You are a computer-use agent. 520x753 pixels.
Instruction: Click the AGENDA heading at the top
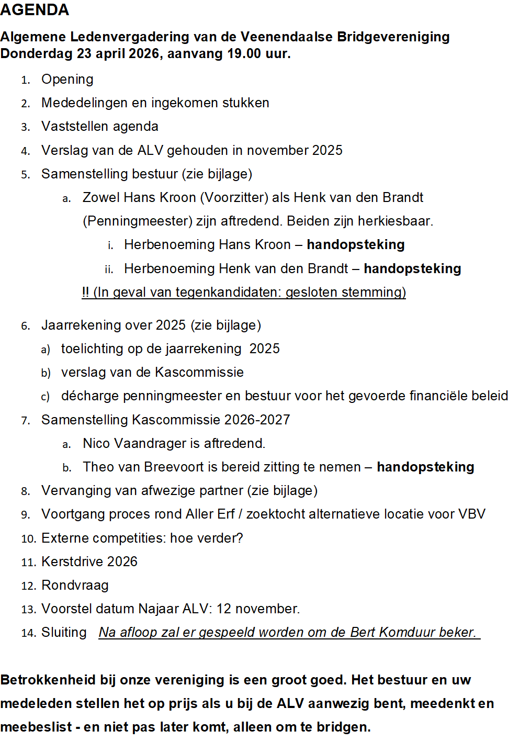[x=35, y=10]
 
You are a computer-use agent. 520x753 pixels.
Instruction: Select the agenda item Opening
[x=67, y=80]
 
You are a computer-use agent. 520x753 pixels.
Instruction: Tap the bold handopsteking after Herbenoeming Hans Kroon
[x=355, y=245]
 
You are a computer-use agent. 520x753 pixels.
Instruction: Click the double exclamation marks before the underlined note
[x=85, y=292]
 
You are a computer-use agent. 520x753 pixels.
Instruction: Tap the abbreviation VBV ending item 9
[x=471, y=514]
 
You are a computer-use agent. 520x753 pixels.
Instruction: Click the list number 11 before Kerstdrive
[x=28, y=563]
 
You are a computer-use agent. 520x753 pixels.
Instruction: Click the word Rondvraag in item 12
[x=75, y=586]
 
